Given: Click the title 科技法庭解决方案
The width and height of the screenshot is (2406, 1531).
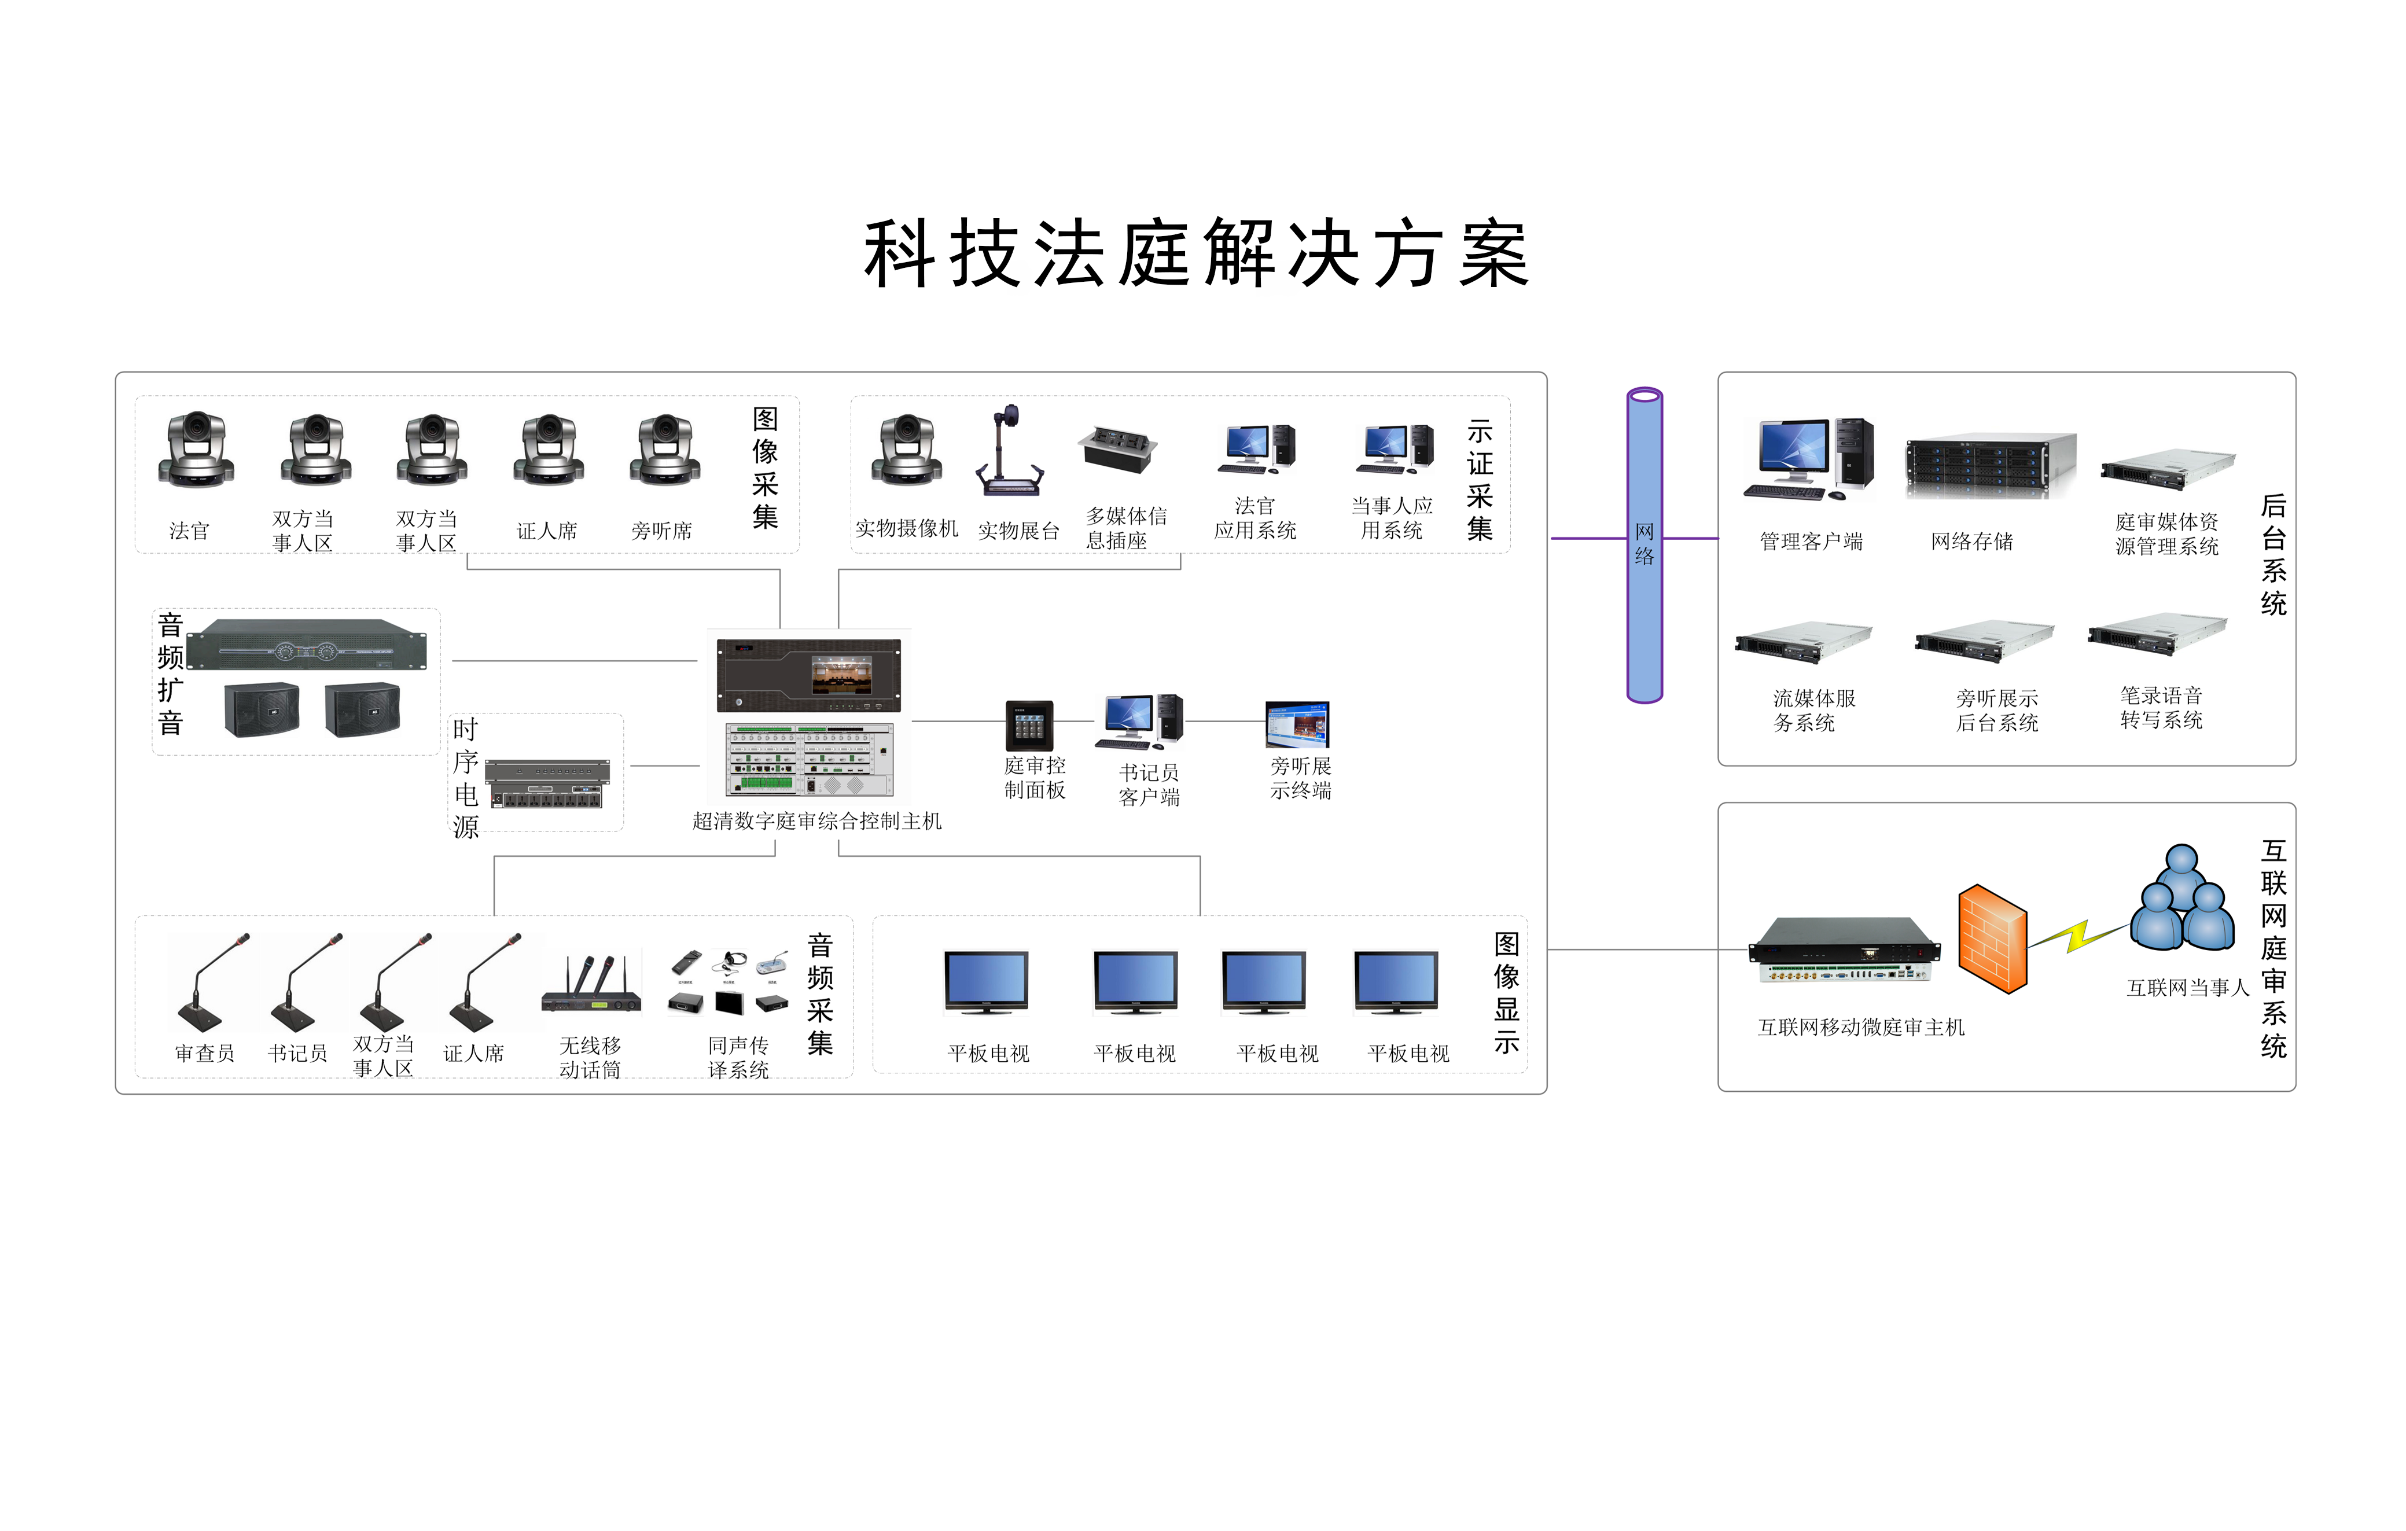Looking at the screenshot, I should [x=1196, y=254].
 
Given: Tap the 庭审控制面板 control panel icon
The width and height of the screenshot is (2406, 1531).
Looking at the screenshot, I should [x=1029, y=726].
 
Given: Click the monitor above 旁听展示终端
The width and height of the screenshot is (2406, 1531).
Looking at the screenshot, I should [x=1297, y=724].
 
